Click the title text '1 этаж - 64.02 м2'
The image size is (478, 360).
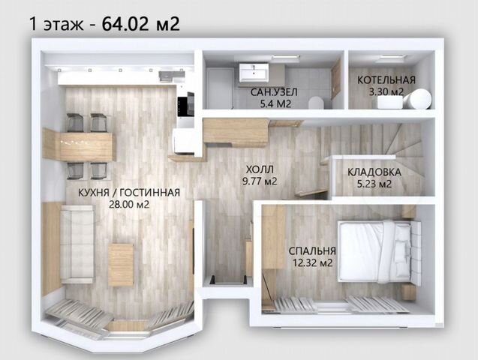(x=104, y=24)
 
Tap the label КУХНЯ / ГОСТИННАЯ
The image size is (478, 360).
(x=129, y=193)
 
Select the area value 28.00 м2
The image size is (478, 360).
(x=129, y=204)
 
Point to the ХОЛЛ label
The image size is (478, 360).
(x=260, y=169)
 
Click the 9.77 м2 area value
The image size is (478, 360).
(x=260, y=181)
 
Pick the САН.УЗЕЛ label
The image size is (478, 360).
(x=274, y=92)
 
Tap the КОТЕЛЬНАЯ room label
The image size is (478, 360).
(x=386, y=80)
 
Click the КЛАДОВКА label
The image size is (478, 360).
(x=374, y=172)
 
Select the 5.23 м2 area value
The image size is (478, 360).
(x=374, y=184)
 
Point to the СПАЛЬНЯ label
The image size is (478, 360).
(x=312, y=251)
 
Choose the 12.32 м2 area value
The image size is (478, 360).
(x=312, y=262)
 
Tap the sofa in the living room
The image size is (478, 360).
(x=77, y=244)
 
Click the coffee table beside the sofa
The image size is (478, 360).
(x=121, y=265)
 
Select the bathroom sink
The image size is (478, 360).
(x=254, y=73)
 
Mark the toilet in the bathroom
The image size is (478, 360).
(x=316, y=102)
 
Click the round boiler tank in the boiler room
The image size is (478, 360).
(x=418, y=99)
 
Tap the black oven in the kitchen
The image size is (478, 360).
(x=185, y=103)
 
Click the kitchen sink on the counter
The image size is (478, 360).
(x=171, y=76)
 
